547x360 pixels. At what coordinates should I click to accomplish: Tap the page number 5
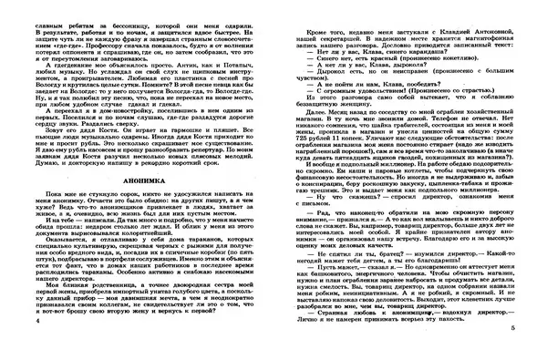click(539, 350)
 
